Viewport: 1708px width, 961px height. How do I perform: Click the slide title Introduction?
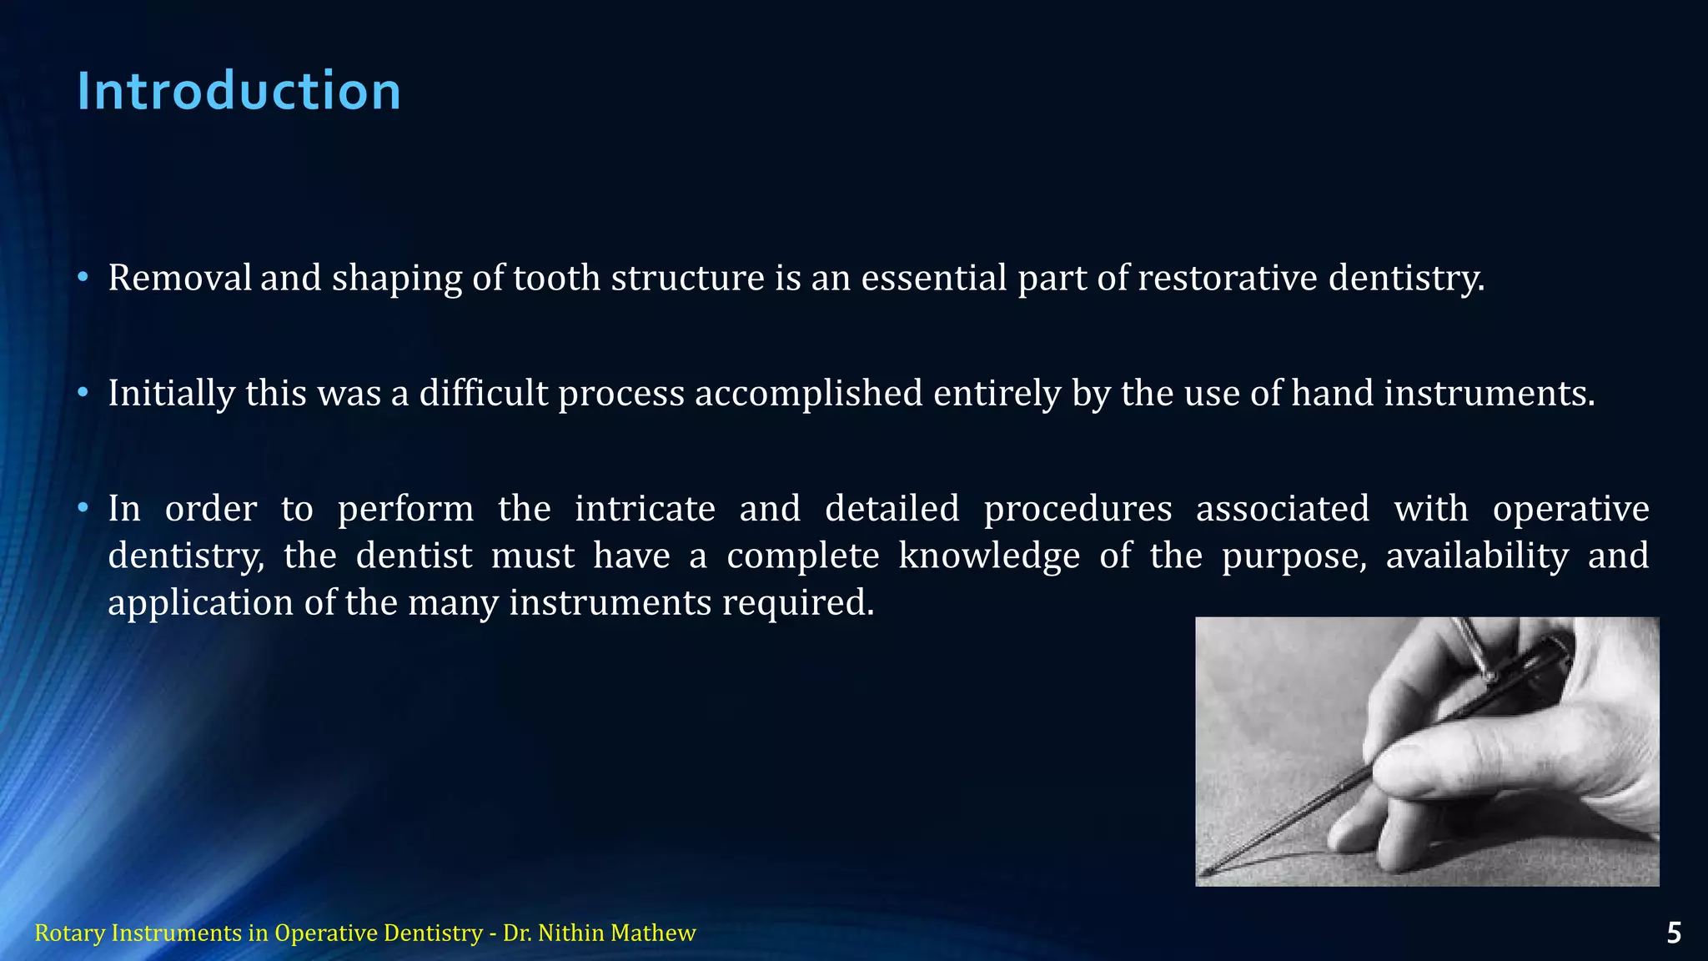pos(239,91)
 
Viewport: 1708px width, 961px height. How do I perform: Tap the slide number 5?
pos(1673,933)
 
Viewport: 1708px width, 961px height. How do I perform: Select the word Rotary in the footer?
pos(70,933)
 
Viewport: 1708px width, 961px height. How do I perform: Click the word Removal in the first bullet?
pos(179,278)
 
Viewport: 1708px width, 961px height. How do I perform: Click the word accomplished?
pos(808,393)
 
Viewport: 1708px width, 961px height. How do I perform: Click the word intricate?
pos(645,508)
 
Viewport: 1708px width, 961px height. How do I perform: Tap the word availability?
pos(1477,556)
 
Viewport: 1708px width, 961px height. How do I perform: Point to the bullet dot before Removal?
pos(83,278)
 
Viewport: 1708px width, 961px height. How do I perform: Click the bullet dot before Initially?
pos(83,393)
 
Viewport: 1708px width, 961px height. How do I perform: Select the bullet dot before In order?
pos(83,508)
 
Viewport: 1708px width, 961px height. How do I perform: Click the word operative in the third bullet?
pos(1570,508)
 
